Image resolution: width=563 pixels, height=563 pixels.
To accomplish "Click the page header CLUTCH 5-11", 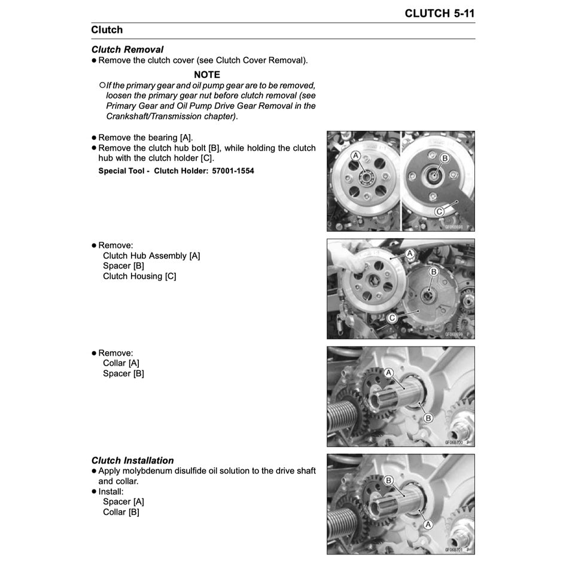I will pyautogui.click(x=440, y=13).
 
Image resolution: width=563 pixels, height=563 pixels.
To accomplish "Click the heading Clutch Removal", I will pyautogui.click(x=127, y=50).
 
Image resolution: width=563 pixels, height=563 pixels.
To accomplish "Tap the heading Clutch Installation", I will pyautogui.click(x=132, y=461).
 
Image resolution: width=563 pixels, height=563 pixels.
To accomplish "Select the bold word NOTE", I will pyautogui.click(x=207, y=75).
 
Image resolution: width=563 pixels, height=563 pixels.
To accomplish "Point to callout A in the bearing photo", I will pyautogui.click(x=355, y=156).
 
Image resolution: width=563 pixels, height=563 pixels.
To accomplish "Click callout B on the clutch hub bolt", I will pyautogui.click(x=445, y=158).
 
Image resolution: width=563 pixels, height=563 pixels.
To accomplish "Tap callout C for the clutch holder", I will pyautogui.click(x=439, y=211).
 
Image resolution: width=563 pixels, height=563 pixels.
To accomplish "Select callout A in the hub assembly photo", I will pyautogui.click(x=410, y=253).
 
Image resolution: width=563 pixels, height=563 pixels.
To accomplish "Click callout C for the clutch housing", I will pyautogui.click(x=391, y=318).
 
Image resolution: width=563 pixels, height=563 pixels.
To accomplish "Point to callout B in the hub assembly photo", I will pyautogui.click(x=434, y=272).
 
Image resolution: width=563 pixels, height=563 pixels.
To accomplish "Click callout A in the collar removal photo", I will pyautogui.click(x=388, y=373).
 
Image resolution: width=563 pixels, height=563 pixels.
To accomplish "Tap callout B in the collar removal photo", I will pyautogui.click(x=427, y=418).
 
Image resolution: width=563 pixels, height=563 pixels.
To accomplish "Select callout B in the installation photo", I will pyautogui.click(x=388, y=480).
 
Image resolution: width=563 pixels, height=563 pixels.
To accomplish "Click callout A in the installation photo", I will pyautogui.click(x=428, y=523).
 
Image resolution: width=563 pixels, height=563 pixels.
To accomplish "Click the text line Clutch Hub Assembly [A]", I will pyautogui.click(x=151, y=255).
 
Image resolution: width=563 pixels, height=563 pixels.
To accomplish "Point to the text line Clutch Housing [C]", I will pyautogui.click(x=139, y=276).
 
